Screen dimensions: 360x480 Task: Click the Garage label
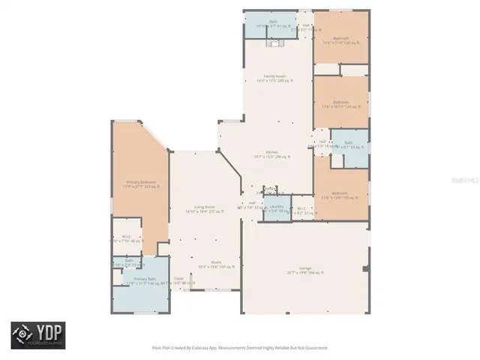click(304, 270)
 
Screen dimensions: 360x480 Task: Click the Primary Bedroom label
click(140, 182)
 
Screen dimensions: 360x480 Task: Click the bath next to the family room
click(273, 23)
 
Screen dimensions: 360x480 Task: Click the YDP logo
click(37, 335)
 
